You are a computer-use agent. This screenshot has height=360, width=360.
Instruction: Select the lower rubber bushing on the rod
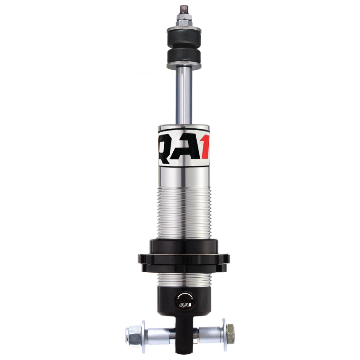184,57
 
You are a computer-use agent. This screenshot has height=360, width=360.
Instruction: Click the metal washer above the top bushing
184,30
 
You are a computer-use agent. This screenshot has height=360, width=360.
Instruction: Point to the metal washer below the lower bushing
184,66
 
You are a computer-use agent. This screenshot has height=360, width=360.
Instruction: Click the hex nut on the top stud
184,19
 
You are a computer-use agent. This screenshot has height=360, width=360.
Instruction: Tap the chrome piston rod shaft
184,94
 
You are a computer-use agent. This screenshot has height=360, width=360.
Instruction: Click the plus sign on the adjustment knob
192,298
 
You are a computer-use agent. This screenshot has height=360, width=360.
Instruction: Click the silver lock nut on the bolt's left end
134,334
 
